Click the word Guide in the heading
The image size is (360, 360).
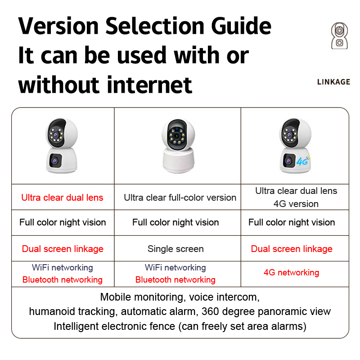click(x=241, y=26)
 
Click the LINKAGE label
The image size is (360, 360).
click(x=333, y=82)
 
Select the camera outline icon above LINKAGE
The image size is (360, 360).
click(x=339, y=36)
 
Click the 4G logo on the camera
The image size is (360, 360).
click(x=303, y=161)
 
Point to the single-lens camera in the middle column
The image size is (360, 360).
click(x=178, y=145)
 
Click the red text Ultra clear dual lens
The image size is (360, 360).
click(x=62, y=198)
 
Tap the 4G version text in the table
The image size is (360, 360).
click(x=296, y=204)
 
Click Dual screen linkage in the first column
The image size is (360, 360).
click(x=63, y=249)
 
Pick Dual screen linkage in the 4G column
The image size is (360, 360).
click(x=292, y=249)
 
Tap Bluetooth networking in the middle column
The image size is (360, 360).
click(x=175, y=279)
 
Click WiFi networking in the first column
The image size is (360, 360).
click(x=63, y=267)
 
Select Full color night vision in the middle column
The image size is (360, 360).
click(x=175, y=222)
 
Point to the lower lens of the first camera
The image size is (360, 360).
click(x=54, y=161)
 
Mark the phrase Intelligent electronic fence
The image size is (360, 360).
click(x=114, y=326)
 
